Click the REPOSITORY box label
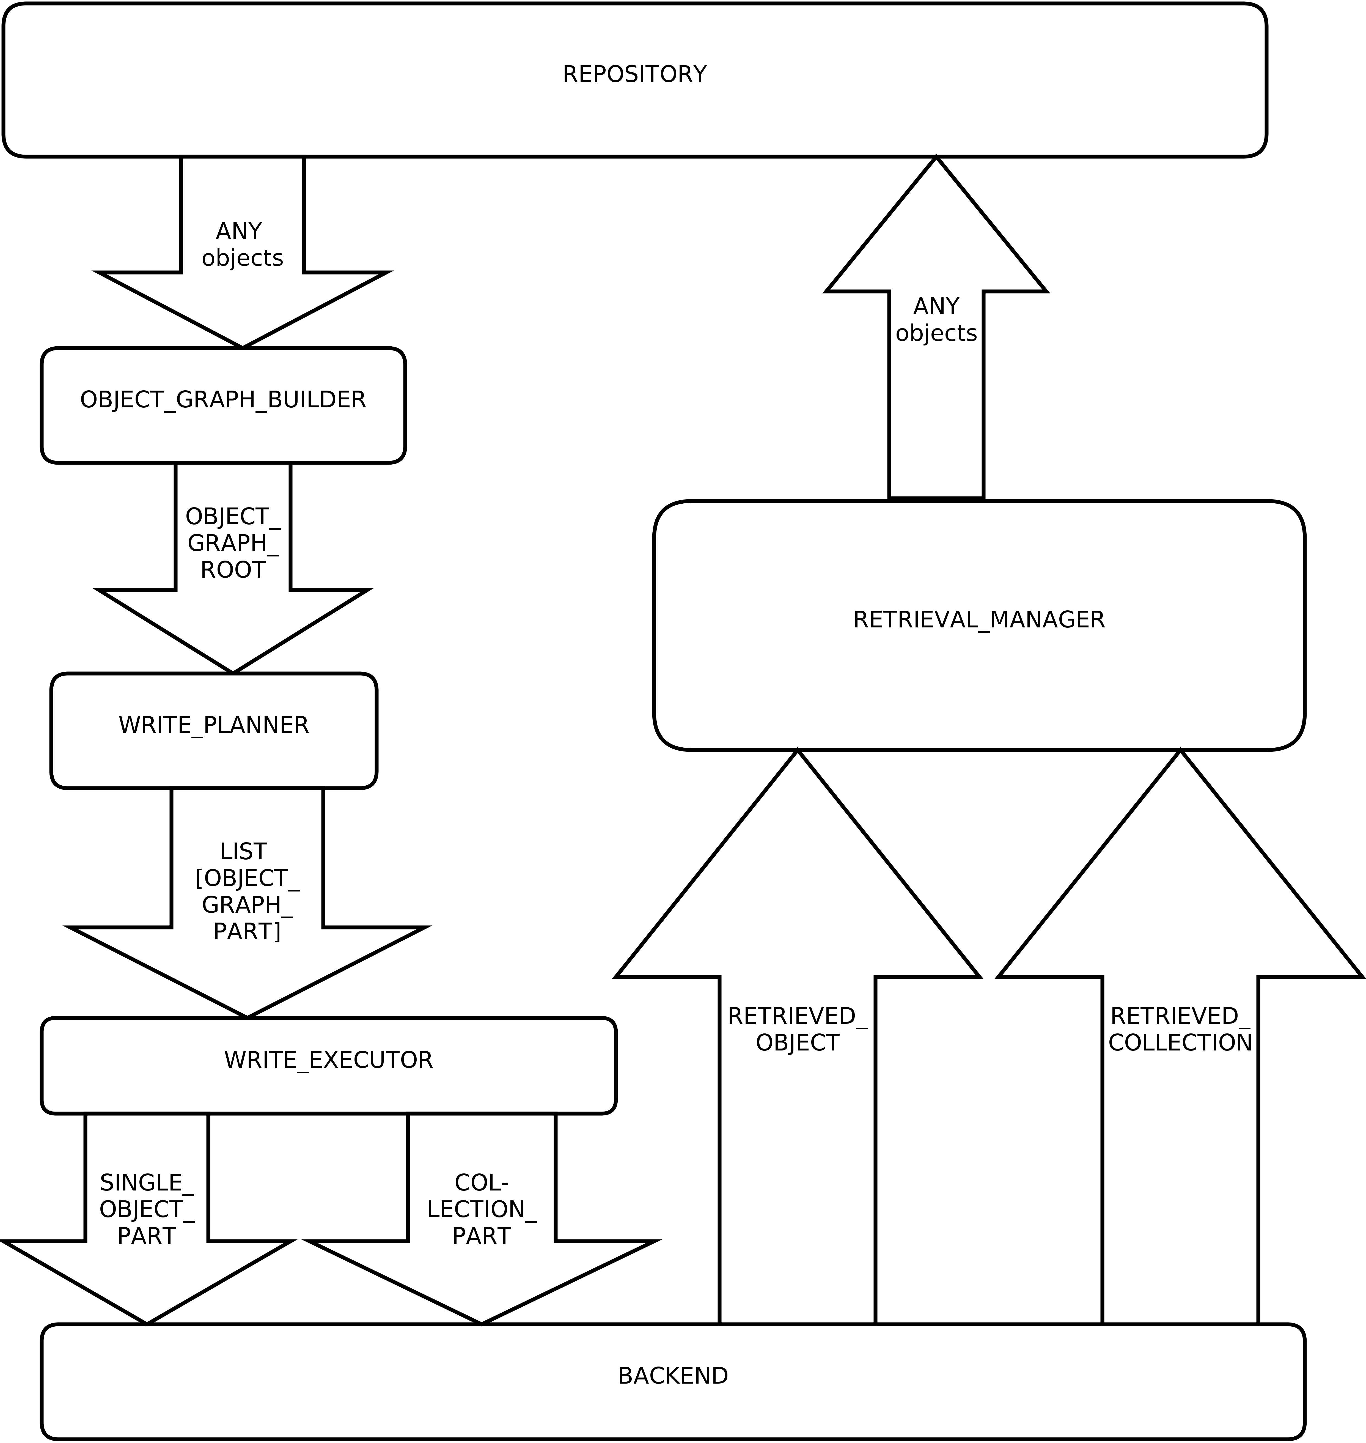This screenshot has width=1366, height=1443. point(634,74)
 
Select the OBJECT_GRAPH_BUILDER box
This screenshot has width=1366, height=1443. point(223,405)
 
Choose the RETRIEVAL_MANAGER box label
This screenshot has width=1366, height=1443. point(979,620)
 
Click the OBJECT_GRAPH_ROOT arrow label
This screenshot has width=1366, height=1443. point(233,544)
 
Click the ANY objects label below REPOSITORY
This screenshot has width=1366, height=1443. point(242,245)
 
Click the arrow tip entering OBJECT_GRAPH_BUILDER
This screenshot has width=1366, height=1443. point(242,346)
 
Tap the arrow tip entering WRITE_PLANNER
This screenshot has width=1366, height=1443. point(233,671)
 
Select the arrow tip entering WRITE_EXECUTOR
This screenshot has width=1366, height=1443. point(247,1016)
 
